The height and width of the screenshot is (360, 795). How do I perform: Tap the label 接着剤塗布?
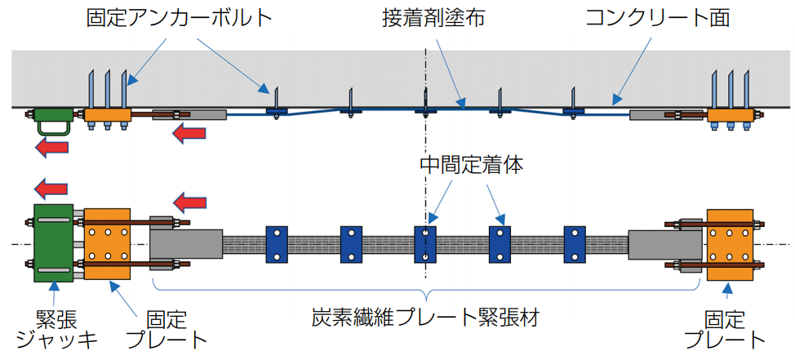pos(433,19)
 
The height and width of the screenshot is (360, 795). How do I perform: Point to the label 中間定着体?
pos(471,165)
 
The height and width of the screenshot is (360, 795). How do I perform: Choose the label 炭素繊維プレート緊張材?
pos(429,317)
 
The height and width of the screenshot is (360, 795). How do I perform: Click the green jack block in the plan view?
pos(53,242)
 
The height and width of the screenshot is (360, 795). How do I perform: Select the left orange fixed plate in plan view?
pos(107,242)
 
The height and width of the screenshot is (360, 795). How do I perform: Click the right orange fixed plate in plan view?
pos(729,242)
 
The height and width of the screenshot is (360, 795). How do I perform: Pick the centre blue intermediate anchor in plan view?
pos(426,243)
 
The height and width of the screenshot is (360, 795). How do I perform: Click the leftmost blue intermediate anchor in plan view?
pos(278,243)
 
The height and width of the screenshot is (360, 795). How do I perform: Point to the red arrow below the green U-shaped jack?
pos(51,147)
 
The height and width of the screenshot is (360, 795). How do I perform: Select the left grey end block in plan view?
pos(186,243)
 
